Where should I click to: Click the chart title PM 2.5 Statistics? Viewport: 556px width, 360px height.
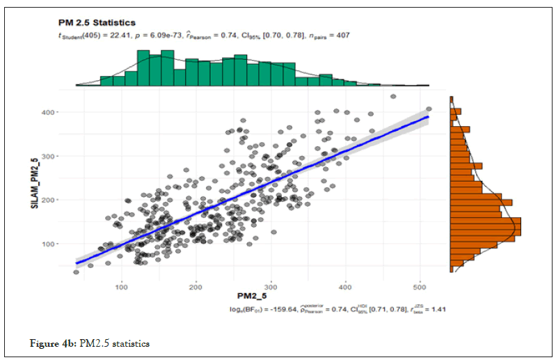click(97, 23)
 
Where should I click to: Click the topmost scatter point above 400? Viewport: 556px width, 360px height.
click(393, 97)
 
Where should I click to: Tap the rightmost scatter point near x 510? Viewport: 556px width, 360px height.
click(429, 109)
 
